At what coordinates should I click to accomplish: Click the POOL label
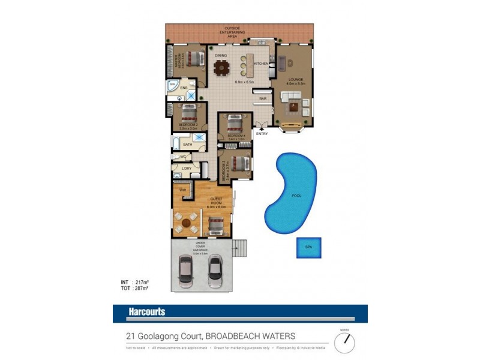[296, 196]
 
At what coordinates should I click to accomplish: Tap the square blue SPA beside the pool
[308, 248]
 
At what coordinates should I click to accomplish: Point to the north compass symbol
[344, 342]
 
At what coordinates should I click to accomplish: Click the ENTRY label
[262, 133]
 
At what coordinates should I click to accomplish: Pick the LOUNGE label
[295, 80]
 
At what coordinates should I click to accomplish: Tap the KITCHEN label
[261, 64]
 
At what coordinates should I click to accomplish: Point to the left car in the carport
[186, 272]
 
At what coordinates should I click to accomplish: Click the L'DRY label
[187, 169]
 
